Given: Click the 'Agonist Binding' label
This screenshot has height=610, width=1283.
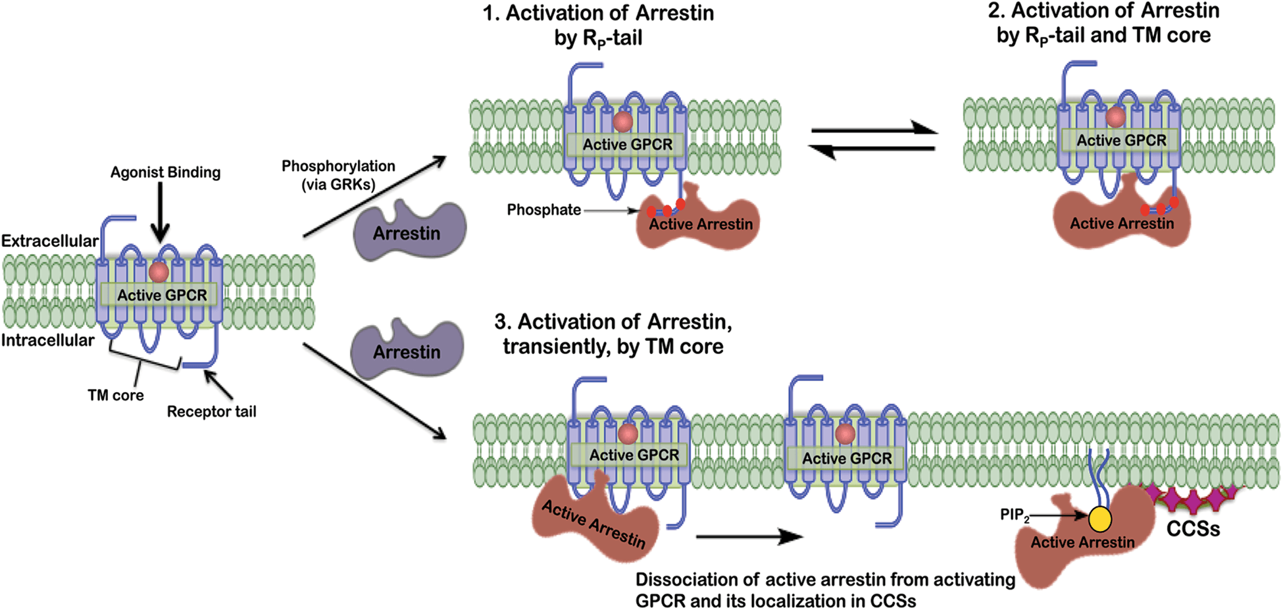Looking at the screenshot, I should (x=165, y=172).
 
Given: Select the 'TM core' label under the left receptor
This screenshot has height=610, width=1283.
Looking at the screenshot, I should (x=115, y=395).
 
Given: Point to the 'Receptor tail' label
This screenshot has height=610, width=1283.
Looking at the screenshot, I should (x=211, y=412).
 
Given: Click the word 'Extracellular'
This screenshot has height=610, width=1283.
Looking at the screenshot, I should (x=49, y=241).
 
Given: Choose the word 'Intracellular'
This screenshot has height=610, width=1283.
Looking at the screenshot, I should (x=47, y=340).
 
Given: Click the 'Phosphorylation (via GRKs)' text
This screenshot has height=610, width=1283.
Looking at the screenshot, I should (x=338, y=175).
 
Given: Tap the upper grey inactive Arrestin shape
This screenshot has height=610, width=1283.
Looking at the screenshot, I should (x=408, y=230).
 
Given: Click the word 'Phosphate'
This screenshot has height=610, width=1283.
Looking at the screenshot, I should (x=543, y=210).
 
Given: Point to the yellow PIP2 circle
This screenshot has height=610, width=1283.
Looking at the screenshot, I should (x=1099, y=519).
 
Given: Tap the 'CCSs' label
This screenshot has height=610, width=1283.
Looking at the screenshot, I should (x=1193, y=529).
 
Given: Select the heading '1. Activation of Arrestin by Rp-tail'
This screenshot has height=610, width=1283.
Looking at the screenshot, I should (x=598, y=25).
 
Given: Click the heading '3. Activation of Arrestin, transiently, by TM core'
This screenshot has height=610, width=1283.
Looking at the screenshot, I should (x=613, y=334).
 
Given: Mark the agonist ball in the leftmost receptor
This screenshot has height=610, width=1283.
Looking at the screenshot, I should (x=159, y=272).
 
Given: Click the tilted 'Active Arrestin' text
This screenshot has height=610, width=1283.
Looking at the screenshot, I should (x=593, y=524).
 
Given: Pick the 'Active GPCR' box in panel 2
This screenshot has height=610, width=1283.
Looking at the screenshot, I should (x=1120, y=140).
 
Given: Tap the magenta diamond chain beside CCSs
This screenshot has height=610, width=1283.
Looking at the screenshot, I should (x=1191, y=499).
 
